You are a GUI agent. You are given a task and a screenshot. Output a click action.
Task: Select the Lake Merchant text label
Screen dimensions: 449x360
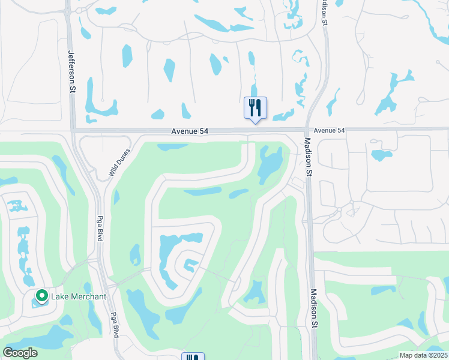tap(79, 296)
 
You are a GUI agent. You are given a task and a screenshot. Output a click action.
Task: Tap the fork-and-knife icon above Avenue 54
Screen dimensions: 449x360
tap(255, 108)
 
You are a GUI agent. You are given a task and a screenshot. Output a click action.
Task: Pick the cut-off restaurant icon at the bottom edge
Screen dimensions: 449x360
tap(193, 357)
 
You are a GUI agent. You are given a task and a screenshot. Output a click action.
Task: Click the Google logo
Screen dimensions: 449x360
tap(20, 353)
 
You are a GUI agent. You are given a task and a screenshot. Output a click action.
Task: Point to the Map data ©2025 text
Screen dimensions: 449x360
tap(423, 355)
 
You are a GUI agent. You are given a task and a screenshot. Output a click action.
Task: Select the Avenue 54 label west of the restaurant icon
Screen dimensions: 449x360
tap(190, 131)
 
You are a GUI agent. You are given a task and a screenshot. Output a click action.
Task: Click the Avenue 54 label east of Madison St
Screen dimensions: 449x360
tap(330, 130)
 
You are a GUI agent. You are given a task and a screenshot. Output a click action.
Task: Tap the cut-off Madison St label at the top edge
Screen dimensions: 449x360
tap(324, 12)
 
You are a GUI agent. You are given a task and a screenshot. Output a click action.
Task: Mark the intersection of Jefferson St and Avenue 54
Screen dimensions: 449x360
tap(72, 130)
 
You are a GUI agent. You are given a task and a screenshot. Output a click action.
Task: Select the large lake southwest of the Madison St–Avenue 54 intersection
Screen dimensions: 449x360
tap(270, 164)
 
